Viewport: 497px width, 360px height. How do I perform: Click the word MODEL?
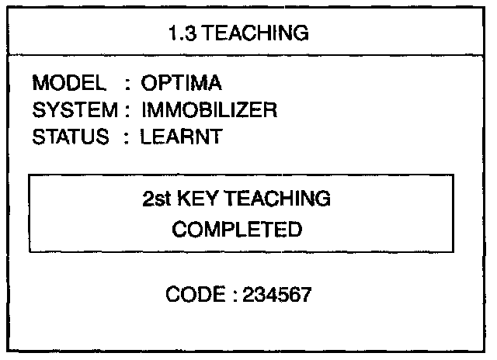[x=68, y=82]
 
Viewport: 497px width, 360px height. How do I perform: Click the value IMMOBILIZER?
[x=209, y=110]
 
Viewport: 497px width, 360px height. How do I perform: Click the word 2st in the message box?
[x=157, y=199]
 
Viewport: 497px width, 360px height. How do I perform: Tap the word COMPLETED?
[x=237, y=230]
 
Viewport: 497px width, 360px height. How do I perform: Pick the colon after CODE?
[x=228, y=296]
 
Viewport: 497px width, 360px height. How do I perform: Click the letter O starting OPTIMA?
[x=148, y=82]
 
